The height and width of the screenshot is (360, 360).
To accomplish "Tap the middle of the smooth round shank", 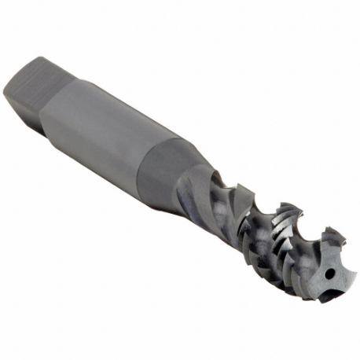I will click(118, 134).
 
